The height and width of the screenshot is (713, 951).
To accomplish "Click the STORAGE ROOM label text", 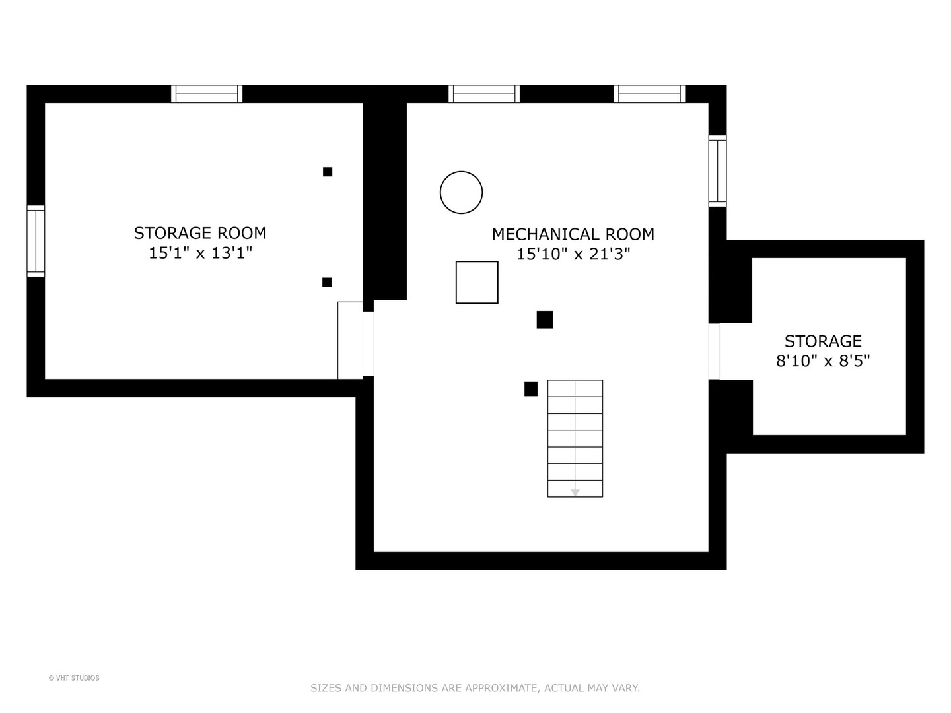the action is [x=199, y=233].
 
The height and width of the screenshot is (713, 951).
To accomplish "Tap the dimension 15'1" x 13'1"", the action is [x=200, y=253].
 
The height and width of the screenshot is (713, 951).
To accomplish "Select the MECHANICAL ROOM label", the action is [x=573, y=234].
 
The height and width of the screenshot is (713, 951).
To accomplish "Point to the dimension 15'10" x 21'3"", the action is [x=573, y=254].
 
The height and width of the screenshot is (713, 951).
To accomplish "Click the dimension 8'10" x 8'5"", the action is [x=822, y=360].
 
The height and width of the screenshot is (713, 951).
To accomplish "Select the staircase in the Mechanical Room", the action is [x=575, y=438].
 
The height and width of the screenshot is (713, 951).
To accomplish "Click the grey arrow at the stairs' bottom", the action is [x=575, y=492].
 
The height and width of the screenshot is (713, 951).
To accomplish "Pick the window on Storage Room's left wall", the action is [x=36, y=241].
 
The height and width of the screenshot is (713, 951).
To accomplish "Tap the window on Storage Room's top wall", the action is [x=207, y=94].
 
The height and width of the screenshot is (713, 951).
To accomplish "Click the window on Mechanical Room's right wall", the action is [x=717, y=171].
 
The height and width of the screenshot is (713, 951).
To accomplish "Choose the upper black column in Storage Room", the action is [x=328, y=172].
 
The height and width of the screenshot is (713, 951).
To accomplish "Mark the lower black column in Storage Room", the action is [x=327, y=283].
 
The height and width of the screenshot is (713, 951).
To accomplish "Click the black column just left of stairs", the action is [x=531, y=389].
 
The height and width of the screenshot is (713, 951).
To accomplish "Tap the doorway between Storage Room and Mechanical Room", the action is [x=369, y=344].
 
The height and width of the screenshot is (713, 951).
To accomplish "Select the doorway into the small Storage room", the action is [x=714, y=351].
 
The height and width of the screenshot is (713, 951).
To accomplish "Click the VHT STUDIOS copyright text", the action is [x=74, y=678].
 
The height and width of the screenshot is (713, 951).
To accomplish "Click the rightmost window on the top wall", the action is [x=649, y=94].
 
